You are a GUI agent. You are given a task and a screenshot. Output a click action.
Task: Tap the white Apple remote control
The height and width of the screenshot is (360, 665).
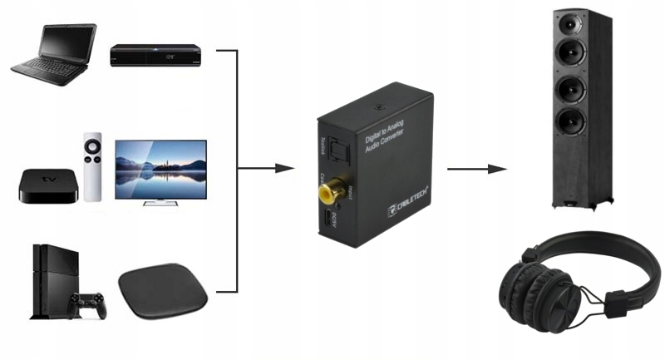coord(92,165)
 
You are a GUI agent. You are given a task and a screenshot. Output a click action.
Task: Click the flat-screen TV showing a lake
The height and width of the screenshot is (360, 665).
coord(160,169)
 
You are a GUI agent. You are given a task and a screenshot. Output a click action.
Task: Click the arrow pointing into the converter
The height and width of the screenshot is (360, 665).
coord(283,168)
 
